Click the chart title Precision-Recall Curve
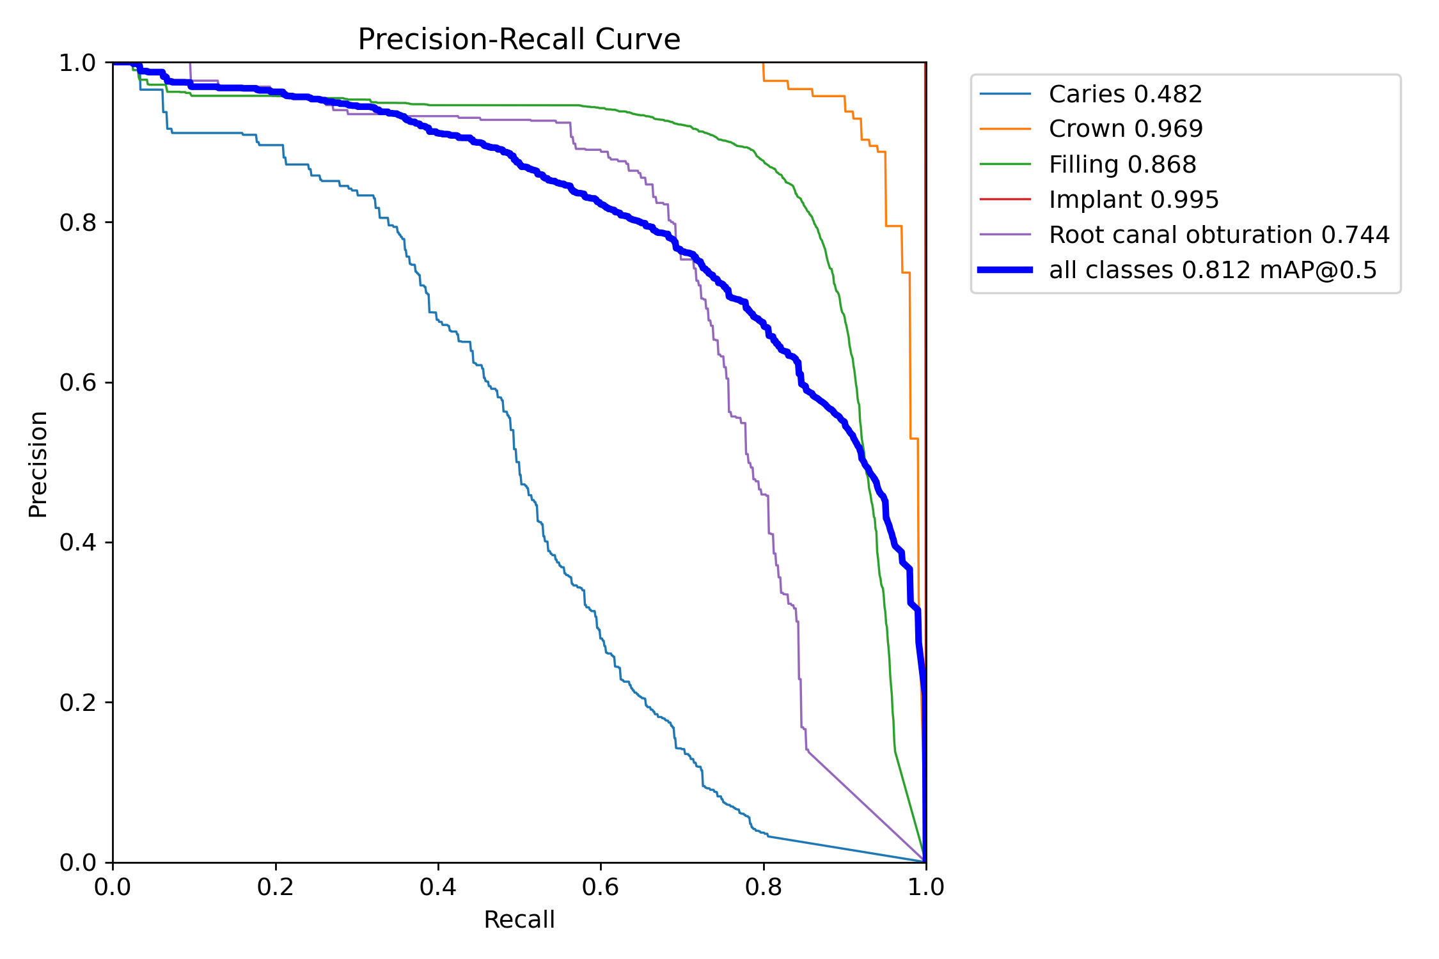coord(519,40)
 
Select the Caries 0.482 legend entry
coord(1125,94)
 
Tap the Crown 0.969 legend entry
coord(1126,129)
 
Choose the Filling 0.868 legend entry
coord(1122,164)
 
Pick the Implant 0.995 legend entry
coord(1133,199)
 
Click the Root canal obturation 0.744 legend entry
coord(1219,235)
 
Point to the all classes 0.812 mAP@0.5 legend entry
coord(1213,270)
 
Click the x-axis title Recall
coord(519,919)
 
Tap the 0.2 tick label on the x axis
coord(275,887)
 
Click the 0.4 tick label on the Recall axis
coord(437,887)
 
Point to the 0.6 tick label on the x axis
coord(600,887)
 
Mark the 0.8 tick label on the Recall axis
coord(763,887)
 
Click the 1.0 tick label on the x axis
coord(925,887)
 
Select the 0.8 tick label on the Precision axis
coord(77,222)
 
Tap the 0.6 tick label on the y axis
coord(77,382)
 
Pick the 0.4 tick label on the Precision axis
coord(77,542)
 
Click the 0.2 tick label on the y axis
coord(77,703)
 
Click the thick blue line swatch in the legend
coord(1005,270)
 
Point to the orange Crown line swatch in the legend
coord(1005,129)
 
